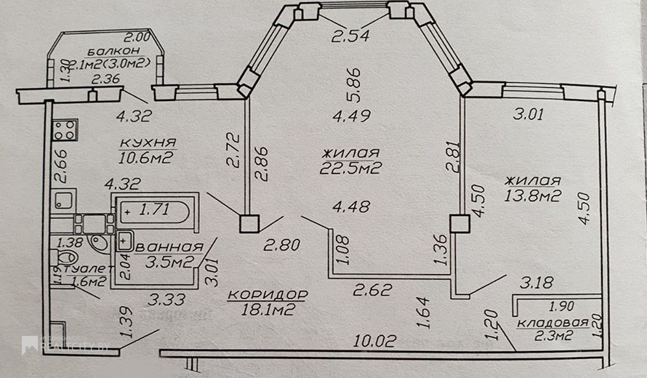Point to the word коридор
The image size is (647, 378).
coord(268,294)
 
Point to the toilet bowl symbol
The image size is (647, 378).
coord(66,260)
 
